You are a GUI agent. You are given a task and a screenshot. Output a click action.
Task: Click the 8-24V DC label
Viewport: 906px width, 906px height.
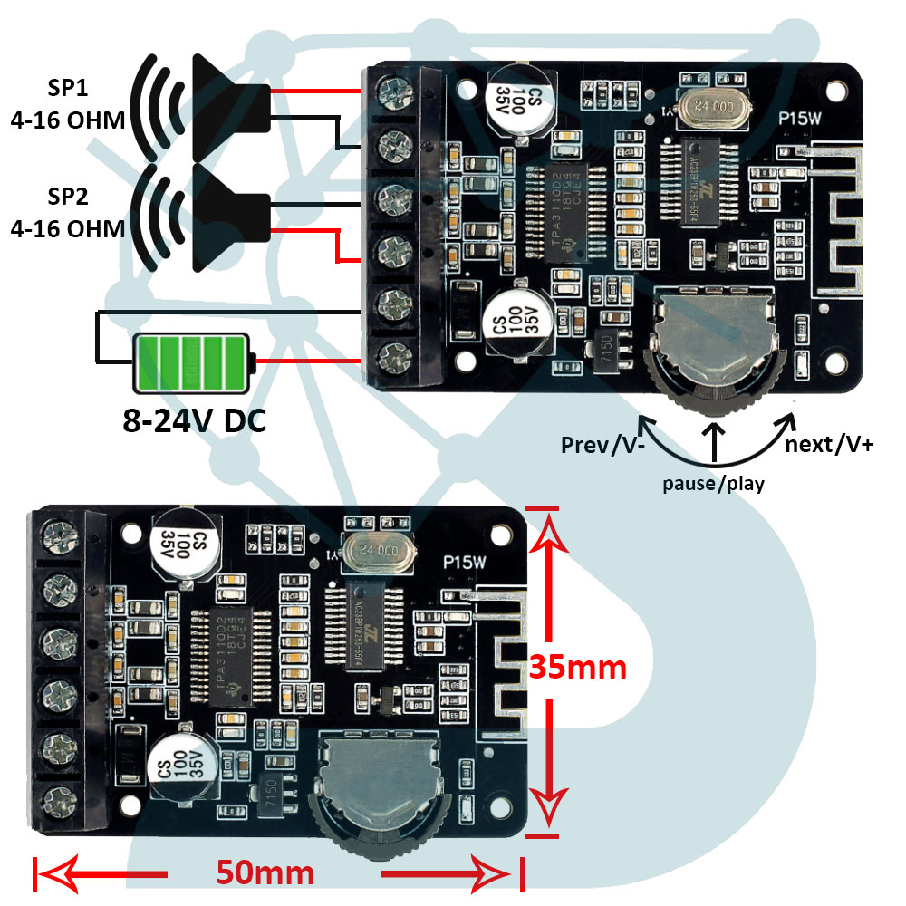(195, 420)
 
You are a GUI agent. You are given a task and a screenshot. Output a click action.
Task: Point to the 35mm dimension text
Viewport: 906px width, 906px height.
(578, 668)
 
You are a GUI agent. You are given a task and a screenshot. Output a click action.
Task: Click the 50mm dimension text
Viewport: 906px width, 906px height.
(265, 872)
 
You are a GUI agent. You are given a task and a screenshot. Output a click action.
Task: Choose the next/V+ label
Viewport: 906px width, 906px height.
(828, 444)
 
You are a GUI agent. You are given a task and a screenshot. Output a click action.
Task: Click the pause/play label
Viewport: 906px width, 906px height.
(712, 483)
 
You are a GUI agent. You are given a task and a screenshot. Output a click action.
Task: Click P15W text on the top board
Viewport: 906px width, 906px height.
(801, 117)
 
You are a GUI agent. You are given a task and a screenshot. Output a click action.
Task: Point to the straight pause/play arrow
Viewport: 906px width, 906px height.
(714, 442)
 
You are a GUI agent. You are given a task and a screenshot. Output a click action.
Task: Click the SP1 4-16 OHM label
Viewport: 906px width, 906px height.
(68, 105)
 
